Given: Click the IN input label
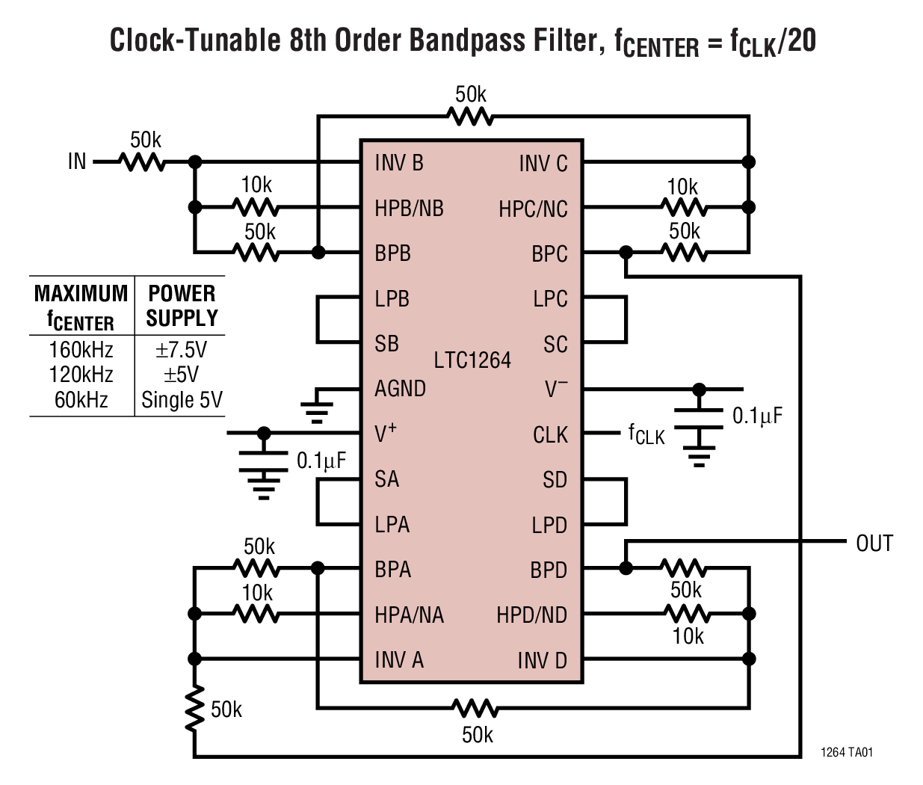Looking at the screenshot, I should point(77,161).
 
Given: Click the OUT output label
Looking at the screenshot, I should point(874,543).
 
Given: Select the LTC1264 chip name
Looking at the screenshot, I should point(472,360).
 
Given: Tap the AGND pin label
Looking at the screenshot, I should point(400,389).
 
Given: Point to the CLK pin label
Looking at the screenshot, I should point(550,435).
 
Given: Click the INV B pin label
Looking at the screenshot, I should point(398,163).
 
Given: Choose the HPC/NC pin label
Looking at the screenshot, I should point(533,209).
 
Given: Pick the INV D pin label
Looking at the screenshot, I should point(542,661).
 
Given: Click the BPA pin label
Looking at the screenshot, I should point(392,570).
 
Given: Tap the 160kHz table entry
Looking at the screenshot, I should point(81,350).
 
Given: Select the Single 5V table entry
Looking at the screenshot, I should point(182,400).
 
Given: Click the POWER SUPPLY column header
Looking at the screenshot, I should point(182,305).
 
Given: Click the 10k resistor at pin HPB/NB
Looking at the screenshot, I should point(256,207).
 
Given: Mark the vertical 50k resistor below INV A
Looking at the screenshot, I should point(194,709).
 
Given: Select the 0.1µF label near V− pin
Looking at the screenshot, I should point(757,416).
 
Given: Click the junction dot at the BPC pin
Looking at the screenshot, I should point(626,253).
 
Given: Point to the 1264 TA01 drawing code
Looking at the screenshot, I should point(846,752).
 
